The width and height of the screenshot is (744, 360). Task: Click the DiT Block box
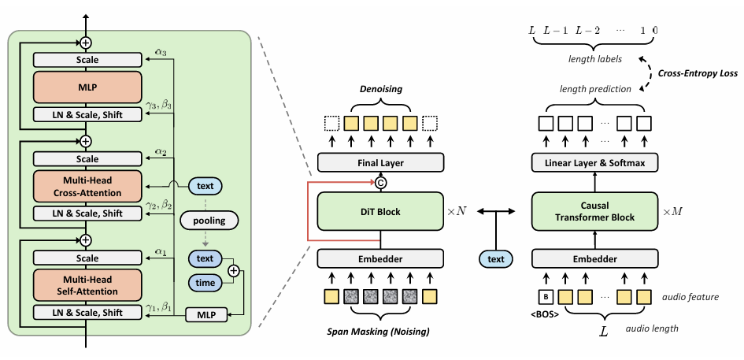point(380,212)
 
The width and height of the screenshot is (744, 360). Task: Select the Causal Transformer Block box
point(595,212)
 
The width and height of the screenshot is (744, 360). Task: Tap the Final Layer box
point(380,162)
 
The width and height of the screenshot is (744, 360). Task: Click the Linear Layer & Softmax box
point(595,162)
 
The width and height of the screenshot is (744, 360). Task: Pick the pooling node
point(209,221)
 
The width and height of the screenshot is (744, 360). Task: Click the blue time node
point(205,283)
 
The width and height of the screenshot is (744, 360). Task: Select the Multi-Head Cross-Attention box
point(87,187)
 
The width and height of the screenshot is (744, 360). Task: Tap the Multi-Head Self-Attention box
point(87,285)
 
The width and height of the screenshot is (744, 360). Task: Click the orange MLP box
point(87,87)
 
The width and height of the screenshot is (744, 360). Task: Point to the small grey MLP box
point(206,314)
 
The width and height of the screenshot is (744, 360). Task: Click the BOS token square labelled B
point(546,297)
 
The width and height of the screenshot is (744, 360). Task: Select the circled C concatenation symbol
point(380,182)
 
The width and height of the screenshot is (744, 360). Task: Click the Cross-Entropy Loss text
point(697,73)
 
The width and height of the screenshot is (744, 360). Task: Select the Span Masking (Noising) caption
point(378,332)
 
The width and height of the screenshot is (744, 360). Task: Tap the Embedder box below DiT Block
point(380,259)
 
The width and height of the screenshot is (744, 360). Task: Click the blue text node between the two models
point(496,259)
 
